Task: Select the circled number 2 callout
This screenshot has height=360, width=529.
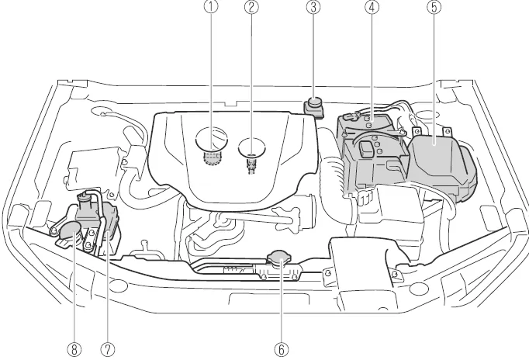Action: coord(251,9)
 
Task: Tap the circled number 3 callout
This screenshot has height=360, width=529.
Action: coord(313,9)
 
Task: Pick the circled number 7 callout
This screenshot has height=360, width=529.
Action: coord(107,349)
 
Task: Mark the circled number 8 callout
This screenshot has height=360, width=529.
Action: coord(74,349)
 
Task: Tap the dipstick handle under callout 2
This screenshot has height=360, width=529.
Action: coord(251,147)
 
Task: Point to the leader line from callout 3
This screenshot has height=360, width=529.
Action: coord(313,54)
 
